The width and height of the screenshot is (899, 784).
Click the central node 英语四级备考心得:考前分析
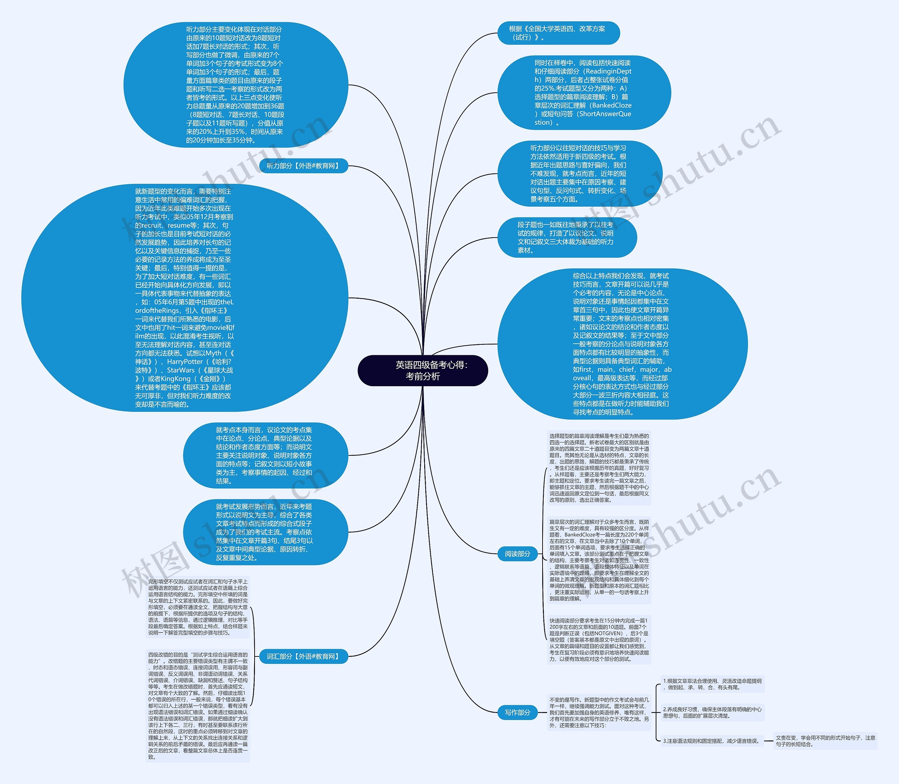tap(422, 370)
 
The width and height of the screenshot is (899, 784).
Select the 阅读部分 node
tap(517, 554)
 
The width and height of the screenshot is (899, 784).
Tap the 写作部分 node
tap(517, 712)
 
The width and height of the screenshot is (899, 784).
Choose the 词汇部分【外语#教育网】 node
tap(303, 656)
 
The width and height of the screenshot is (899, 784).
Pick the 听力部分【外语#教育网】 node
tap(303, 166)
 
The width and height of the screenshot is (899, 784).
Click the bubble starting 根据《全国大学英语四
tap(558, 33)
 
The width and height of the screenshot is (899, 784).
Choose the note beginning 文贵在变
tap(825, 741)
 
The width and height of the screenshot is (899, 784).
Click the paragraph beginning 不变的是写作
tap(599, 713)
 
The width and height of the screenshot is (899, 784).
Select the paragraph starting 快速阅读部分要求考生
tap(599, 640)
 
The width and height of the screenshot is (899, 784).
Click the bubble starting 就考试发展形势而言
tap(265, 532)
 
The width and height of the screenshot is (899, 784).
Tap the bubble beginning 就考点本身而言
tap(265, 455)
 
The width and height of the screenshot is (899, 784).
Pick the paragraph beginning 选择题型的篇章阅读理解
tap(599, 468)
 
